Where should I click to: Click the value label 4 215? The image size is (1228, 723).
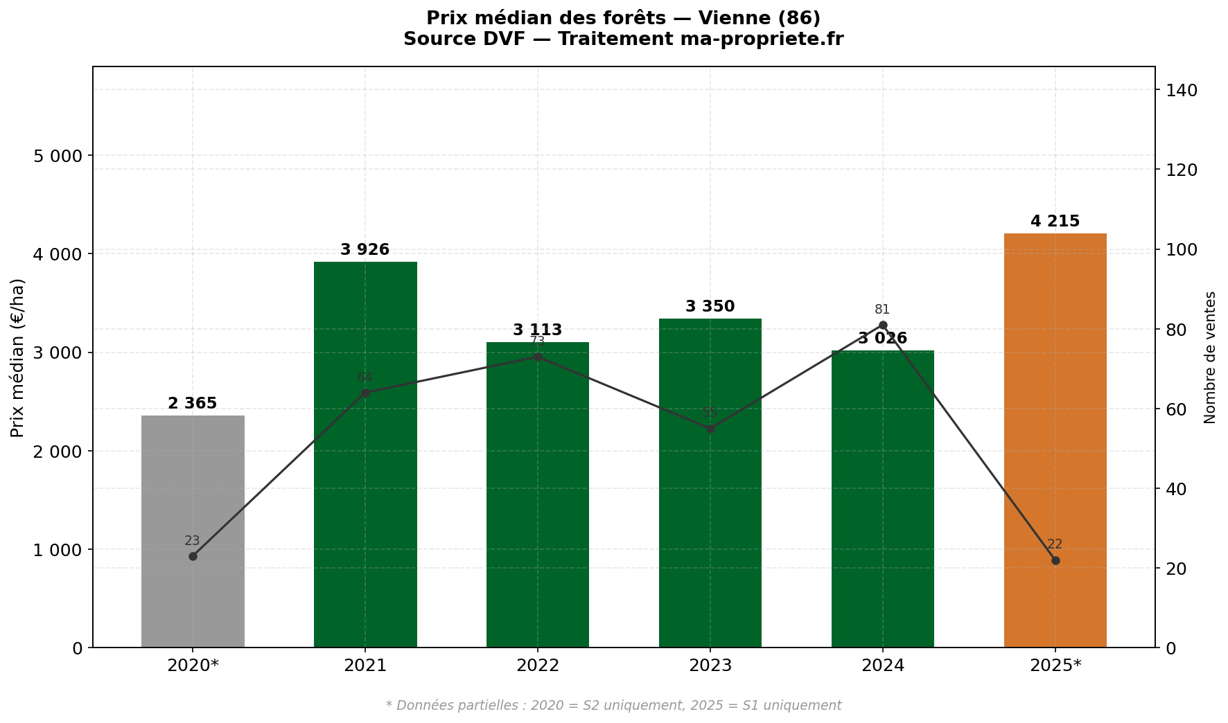coord(1055,222)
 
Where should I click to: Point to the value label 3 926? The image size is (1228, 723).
coord(365,250)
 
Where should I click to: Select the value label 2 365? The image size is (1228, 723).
coord(193,404)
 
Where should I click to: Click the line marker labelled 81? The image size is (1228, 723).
coord(882,325)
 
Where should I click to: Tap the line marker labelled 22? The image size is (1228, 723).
coord(1055,560)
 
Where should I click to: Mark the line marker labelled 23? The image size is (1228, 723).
coord(193,556)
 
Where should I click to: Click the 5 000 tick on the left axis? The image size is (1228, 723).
coord(58,156)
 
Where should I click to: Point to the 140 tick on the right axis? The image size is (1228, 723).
coord(1182,90)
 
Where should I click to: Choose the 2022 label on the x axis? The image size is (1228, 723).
coord(538,666)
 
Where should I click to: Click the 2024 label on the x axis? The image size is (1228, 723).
coord(882,666)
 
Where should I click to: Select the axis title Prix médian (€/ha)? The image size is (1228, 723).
coord(18,357)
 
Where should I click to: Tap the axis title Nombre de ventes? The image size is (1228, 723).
coord(1210,357)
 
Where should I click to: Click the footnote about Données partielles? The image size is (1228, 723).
coord(613,706)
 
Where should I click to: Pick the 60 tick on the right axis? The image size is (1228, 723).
coord(1178,409)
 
